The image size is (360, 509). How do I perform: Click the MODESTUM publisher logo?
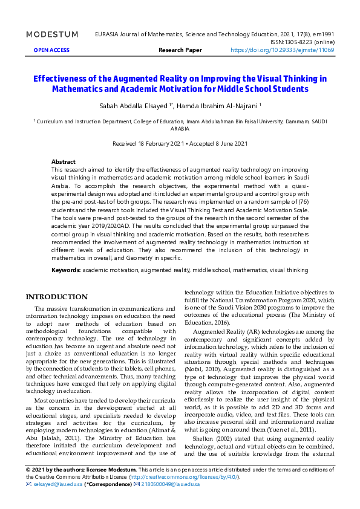pos(52,34)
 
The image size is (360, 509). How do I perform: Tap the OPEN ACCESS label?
pos(51,50)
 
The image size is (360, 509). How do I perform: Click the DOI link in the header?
pos(282,50)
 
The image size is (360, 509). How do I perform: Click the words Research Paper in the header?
pos(180,50)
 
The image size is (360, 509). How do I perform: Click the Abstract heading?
pos(64,162)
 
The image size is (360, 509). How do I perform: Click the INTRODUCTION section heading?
pos(56,297)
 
